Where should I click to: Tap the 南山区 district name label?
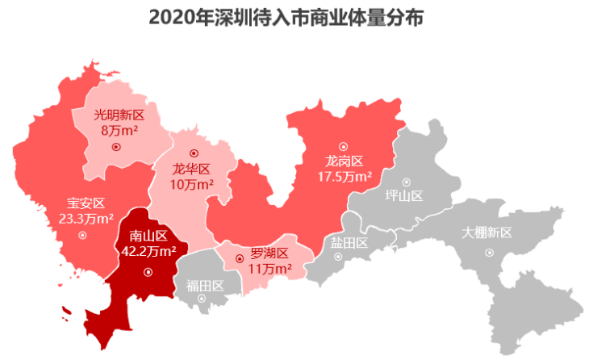click(148, 237)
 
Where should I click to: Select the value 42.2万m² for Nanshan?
click(148, 251)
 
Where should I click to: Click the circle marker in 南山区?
click(148, 272)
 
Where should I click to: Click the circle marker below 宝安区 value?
click(82, 235)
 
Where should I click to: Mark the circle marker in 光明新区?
click(116, 147)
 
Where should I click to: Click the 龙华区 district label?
click(192, 169)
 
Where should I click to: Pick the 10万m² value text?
click(192, 184)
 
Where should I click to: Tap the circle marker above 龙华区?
click(193, 153)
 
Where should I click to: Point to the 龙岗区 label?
click(344, 161)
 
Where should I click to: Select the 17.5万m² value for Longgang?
click(344, 176)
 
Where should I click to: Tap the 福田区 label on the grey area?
click(204, 284)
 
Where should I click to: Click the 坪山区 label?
click(404, 196)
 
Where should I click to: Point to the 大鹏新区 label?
click(487, 232)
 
